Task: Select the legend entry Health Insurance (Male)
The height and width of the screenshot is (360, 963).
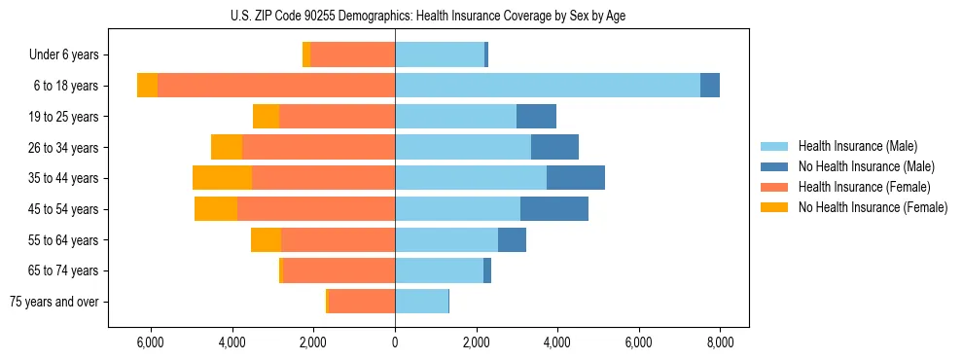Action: point(857,146)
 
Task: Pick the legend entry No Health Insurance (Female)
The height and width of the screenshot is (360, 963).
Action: point(872,207)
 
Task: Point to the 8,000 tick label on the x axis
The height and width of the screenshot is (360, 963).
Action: point(720,342)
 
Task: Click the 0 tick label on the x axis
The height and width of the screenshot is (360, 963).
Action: point(395,342)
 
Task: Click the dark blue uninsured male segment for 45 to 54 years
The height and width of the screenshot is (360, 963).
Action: point(554,209)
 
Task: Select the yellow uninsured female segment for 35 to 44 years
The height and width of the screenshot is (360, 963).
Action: point(222,178)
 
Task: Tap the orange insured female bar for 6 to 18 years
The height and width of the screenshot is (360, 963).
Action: point(276,86)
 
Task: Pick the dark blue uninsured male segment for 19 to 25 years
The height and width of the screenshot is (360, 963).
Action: point(536,117)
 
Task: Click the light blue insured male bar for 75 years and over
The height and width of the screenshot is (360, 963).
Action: point(421,302)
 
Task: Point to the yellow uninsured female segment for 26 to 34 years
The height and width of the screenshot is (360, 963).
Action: point(227,147)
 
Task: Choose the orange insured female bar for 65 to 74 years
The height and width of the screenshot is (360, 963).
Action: point(339,270)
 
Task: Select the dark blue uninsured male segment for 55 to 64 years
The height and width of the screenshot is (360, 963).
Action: point(512,239)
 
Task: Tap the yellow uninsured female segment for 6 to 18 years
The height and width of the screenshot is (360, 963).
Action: point(147,86)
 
